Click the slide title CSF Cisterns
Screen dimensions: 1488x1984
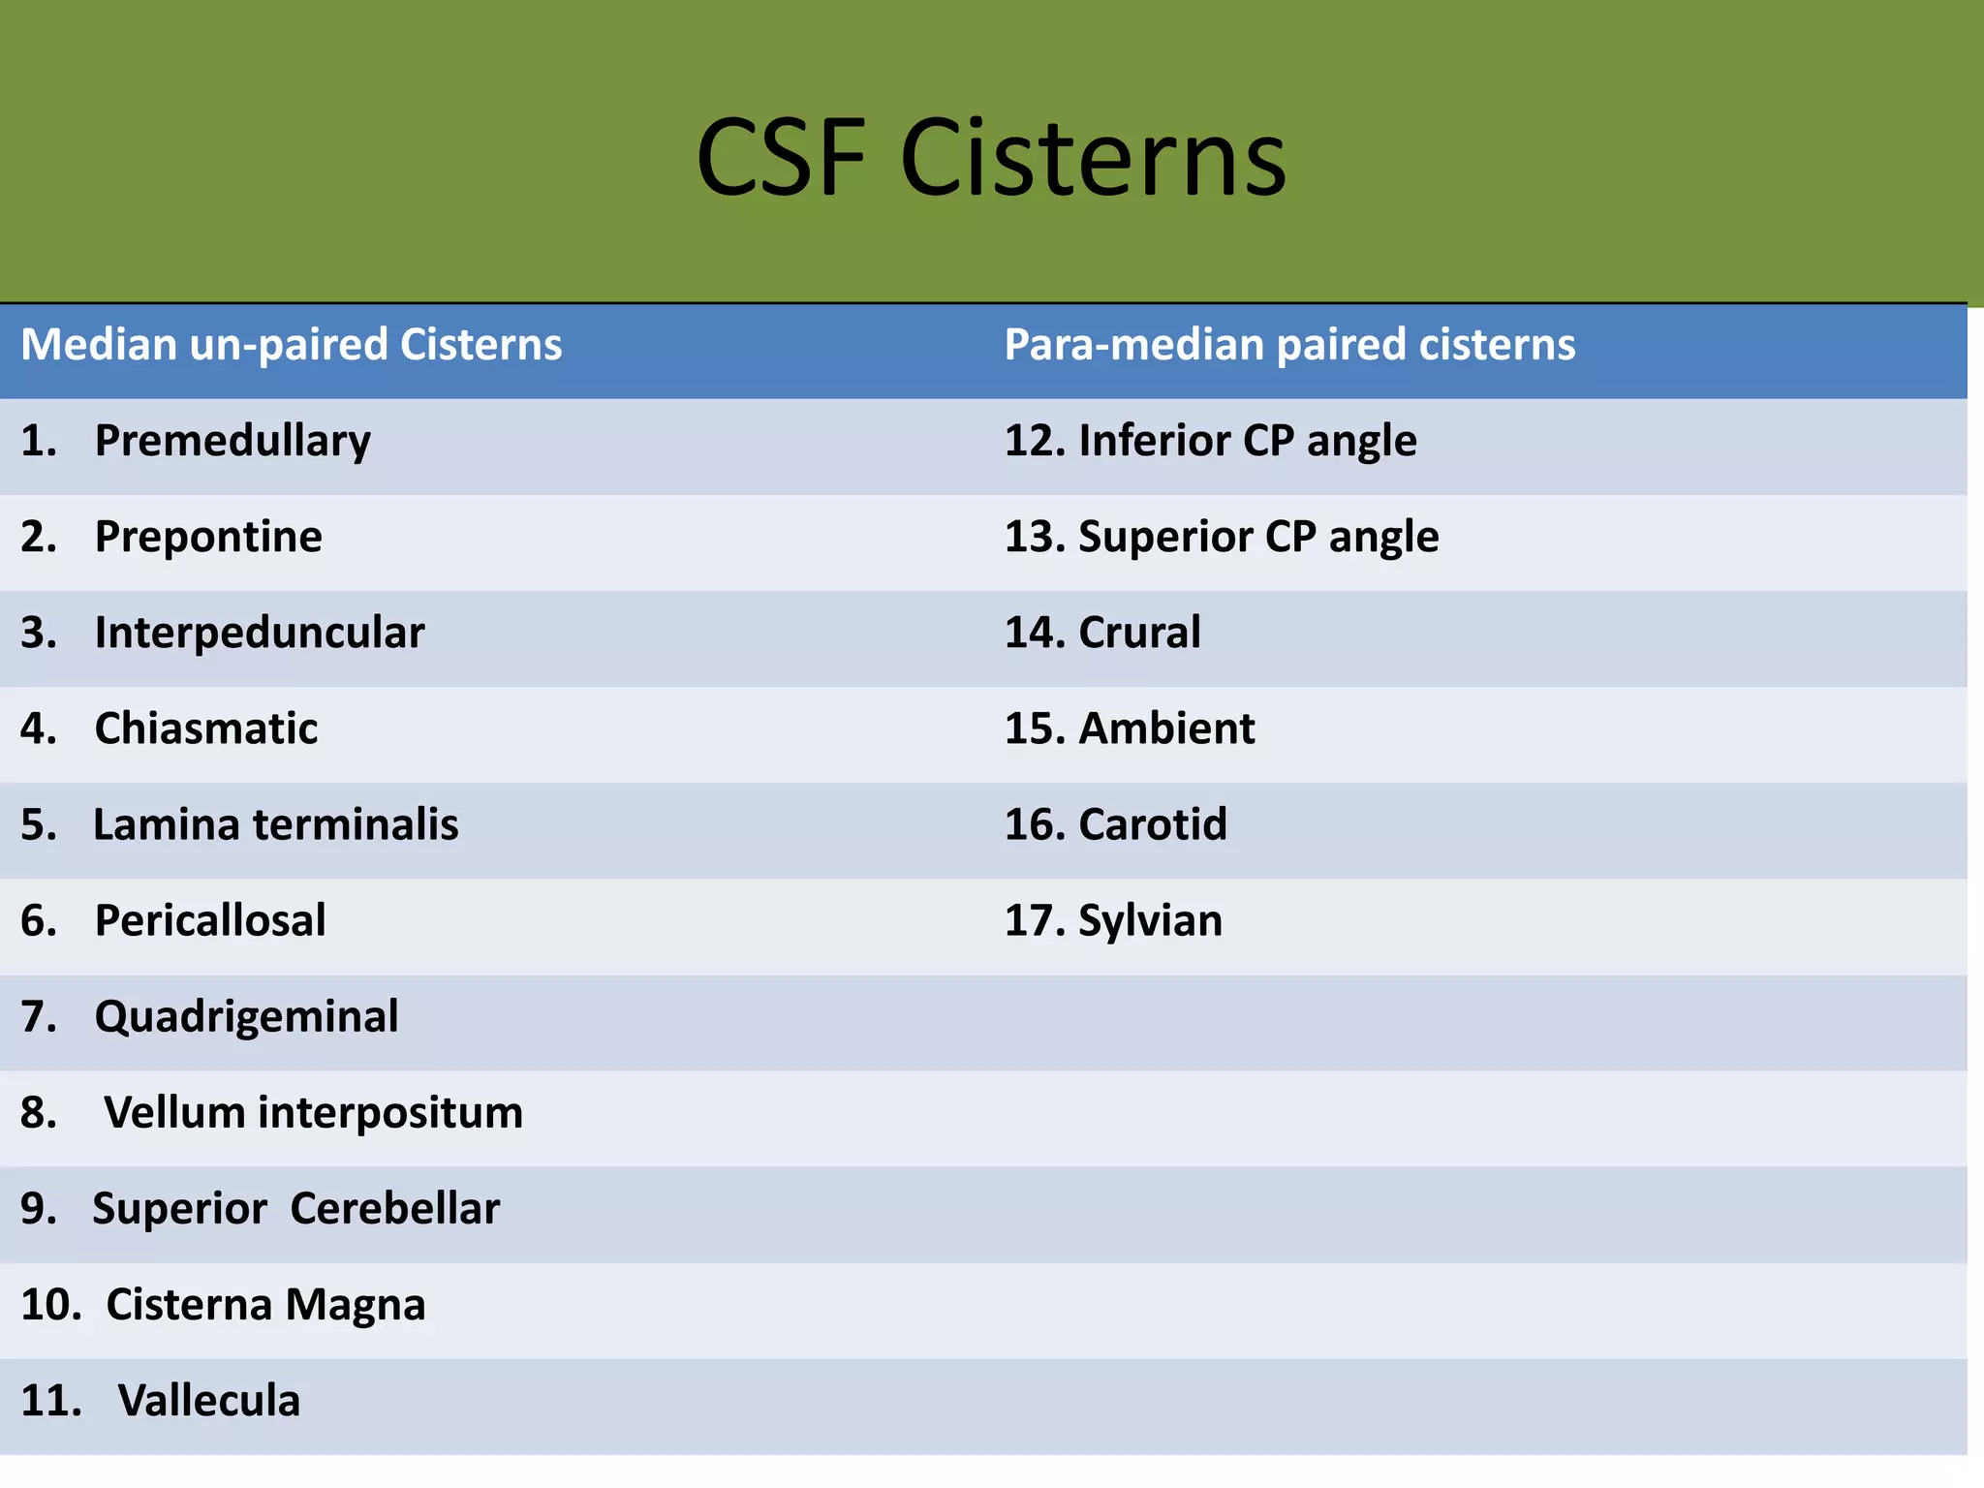991,158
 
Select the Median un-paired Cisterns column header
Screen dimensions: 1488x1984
291,345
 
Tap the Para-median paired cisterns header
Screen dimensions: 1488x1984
1289,345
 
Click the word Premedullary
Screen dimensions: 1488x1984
232,441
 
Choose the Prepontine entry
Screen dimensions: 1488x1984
208,537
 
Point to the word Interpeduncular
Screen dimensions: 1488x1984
260,633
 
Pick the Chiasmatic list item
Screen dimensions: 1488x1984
206,728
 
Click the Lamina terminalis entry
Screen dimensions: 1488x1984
275,824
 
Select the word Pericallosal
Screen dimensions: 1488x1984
210,920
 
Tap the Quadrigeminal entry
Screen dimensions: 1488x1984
246,1016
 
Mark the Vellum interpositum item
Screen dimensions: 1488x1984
313,1112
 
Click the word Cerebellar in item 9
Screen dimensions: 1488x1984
395,1208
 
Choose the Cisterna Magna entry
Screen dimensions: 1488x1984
265,1304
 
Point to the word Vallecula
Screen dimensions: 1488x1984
209,1400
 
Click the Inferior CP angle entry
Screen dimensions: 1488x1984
1247,441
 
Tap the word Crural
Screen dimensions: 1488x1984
1139,633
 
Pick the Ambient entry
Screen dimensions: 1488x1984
1166,728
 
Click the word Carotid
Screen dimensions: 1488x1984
1153,824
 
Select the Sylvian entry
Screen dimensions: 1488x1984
1150,920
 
